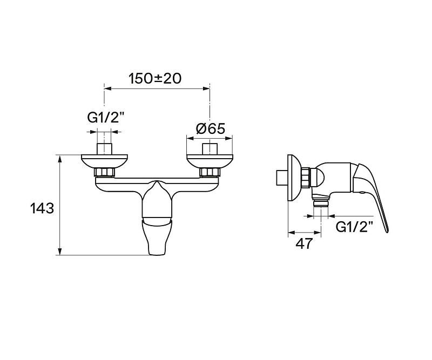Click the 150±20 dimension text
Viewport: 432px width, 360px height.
[x=155, y=78]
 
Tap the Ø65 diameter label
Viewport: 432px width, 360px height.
[x=211, y=128]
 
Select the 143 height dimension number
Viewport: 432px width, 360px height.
[x=42, y=208]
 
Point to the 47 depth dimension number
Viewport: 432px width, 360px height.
[x=305, y=243]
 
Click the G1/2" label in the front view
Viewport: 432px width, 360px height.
[x=106, y=118]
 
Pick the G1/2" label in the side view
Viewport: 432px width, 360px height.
[x=355, y=227]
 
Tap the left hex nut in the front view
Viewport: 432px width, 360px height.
[x=104, y=172]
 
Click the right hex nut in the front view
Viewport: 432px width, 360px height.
[x=210, y=172]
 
